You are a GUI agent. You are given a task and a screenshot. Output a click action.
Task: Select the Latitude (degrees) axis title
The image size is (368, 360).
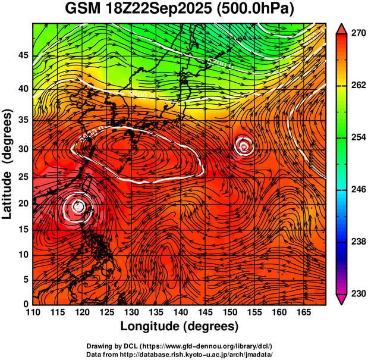[8, 164]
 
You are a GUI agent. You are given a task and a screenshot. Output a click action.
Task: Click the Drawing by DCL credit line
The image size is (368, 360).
[180, 346]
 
